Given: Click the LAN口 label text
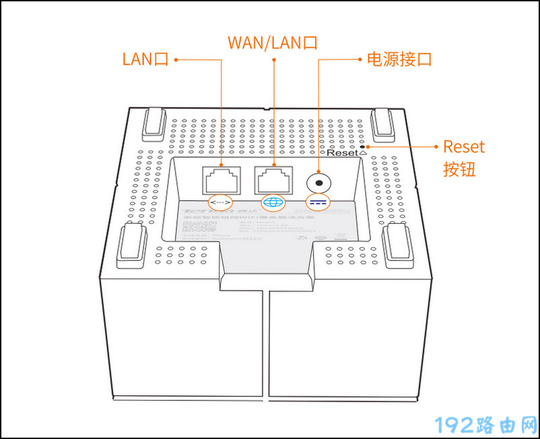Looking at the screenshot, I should coord(145,59).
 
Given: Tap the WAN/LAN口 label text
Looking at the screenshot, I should coord(272,42).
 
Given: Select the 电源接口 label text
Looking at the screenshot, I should coord(398,59).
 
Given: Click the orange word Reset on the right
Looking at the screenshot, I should coord(464,147).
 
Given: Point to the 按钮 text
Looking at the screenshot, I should coord(459,169).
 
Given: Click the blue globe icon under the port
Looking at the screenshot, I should coord(273,202).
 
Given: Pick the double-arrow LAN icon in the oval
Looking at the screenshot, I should coord(220,202).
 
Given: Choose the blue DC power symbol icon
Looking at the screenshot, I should coord(318,202).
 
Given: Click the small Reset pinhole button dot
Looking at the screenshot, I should coord(364,146).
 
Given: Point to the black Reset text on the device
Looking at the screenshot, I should coord(342,153).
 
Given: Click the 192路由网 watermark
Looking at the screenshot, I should coord(485,425).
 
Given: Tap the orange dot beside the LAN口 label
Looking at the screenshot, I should coord(175,59).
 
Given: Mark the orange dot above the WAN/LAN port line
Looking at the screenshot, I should coord(274,59).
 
